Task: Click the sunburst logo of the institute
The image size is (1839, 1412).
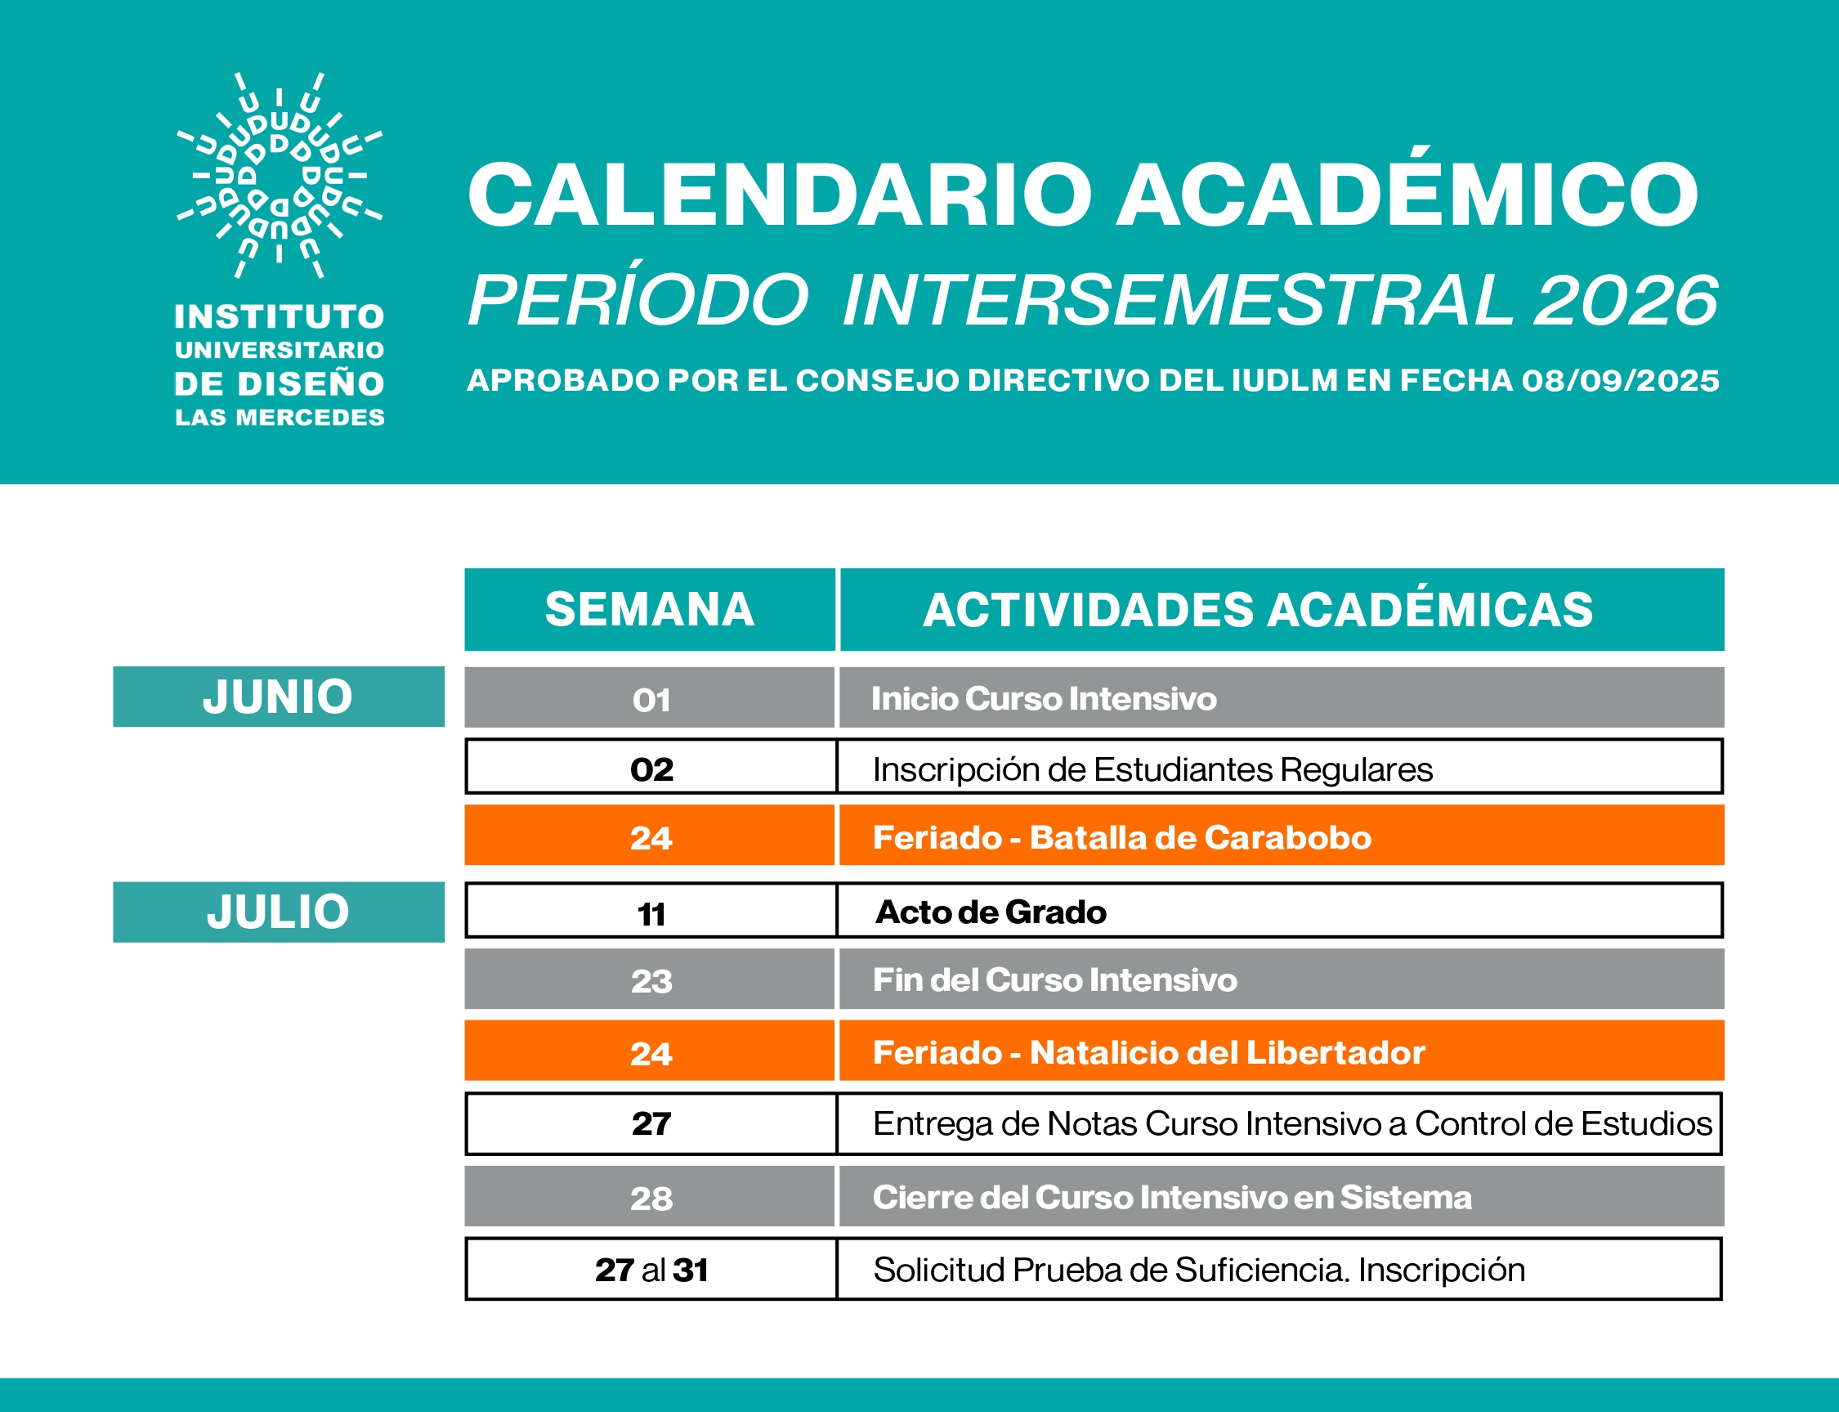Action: [x=279, y=175]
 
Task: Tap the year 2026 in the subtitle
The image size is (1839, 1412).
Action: [x=1626, y=300]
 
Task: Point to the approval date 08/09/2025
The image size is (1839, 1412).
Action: [x=1620, y=381]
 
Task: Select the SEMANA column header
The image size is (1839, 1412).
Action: [x=650, y=609]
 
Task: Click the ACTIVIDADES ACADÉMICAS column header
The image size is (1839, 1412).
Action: [x=1258, y=609]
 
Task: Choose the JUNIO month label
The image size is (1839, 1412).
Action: [x=278, y=697]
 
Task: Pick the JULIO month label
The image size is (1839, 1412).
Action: [x=278, y=912]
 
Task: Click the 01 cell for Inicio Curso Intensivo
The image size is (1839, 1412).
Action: [x=651, y=699]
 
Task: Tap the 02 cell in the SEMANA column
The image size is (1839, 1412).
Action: [x=651, y=769]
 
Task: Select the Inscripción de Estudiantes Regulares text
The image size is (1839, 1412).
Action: [x=1152, y=769]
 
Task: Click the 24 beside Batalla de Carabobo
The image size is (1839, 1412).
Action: [x=651, y=838]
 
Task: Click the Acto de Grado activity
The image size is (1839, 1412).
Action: [x=991, y=912]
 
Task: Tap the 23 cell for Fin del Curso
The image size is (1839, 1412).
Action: [x=651, y=981]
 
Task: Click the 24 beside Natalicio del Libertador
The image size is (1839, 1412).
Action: [x=651, y=1053]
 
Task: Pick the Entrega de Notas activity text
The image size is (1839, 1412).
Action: [x=1291, y=1123]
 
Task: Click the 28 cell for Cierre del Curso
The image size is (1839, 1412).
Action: [x=651, y=1198]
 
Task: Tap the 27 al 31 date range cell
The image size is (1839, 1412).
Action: [x=651, y=1270]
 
